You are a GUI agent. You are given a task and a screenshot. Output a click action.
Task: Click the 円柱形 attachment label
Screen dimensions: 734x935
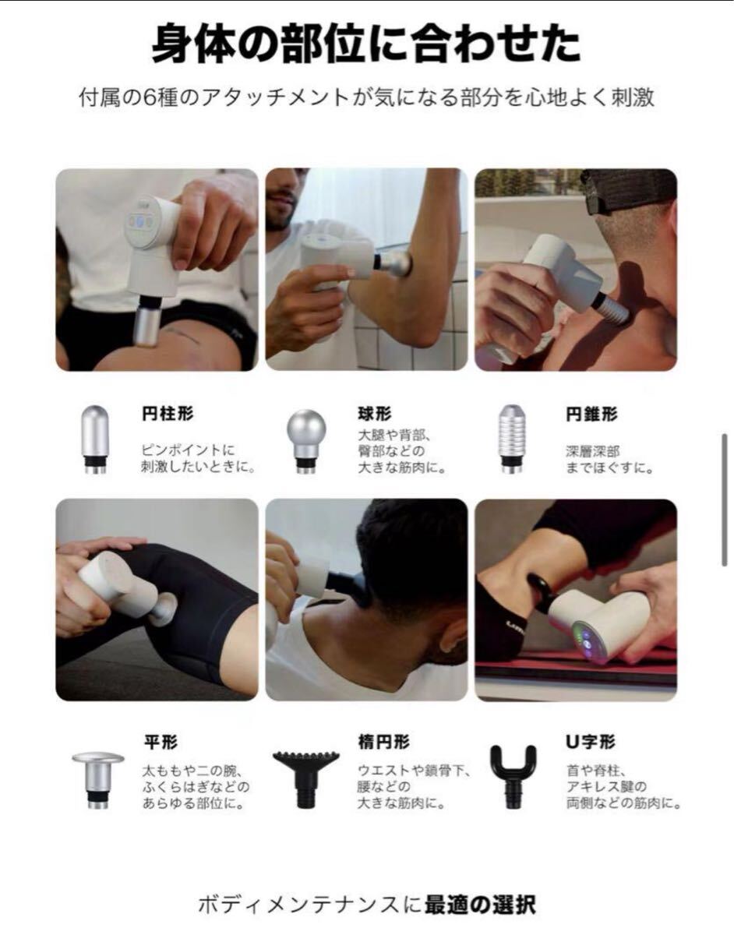click(x=168, y=414)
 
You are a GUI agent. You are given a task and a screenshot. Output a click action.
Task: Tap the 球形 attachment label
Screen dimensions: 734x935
click(x=375, y=414)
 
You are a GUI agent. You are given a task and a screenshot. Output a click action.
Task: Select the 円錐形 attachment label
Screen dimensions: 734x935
click(x=591, y=414)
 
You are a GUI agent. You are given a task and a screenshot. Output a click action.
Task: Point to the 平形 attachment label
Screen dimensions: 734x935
click(x=161, y=742)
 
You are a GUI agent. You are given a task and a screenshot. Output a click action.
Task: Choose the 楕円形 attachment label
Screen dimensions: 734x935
click(x=384, y=742)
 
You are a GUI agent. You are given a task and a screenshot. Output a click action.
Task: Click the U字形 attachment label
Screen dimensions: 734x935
click(x=591, y=742)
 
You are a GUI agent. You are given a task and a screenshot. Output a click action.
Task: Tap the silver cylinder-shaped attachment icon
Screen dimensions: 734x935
click(x=95, y=439)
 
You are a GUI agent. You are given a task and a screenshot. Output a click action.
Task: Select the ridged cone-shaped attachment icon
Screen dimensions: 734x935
click(x=512, y=439)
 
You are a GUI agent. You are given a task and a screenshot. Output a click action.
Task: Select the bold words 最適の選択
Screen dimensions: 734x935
click(x=480, y=905)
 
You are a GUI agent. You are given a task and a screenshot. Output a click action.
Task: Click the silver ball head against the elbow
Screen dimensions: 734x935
click(x=397, y=262)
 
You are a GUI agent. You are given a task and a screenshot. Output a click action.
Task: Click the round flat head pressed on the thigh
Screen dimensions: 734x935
click(x=164, y=609)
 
